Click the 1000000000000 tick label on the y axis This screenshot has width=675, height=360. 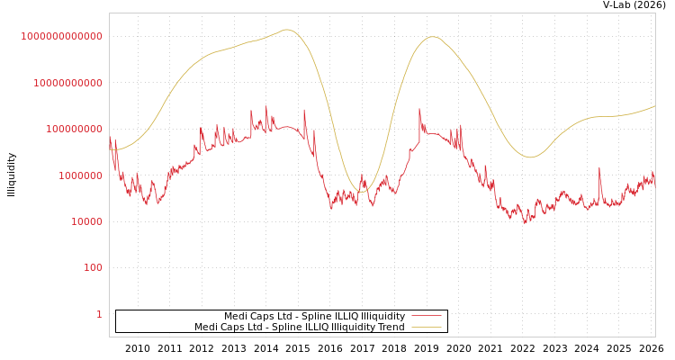(62, 36)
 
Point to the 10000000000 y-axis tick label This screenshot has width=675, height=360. (68, 83)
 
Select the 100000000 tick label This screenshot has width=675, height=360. (74, 130)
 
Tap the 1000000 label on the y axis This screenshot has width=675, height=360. (80, 175)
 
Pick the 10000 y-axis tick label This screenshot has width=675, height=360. (86, 221)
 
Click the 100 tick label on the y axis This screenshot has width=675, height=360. (93, 268)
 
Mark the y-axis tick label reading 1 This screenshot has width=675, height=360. (99, 314)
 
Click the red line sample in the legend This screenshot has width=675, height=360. (427, 316)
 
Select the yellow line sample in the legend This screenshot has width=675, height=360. (427, 327)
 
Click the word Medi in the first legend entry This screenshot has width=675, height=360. (236, 316)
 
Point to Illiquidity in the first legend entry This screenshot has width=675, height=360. (382, 316)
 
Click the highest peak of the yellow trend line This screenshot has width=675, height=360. (287, 30)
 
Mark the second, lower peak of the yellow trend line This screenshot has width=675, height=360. (433, 37)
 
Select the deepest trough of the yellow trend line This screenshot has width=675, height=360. (361, 191)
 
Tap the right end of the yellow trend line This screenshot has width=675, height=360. (655, 105)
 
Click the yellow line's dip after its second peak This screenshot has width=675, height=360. (530, 157)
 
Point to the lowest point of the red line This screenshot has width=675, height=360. (526, 222)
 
